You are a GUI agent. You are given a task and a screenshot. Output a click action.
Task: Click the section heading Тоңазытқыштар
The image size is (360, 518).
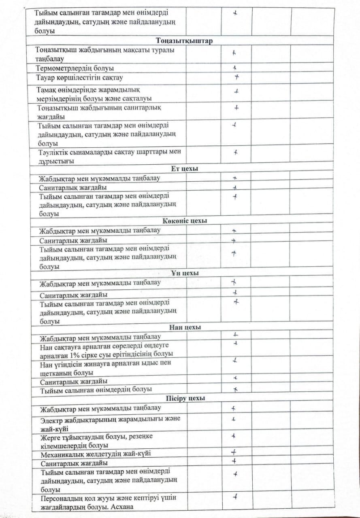184,41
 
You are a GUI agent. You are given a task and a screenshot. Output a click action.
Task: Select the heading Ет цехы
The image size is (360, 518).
184,169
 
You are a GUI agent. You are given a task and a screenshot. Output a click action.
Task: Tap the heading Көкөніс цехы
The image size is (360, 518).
185,221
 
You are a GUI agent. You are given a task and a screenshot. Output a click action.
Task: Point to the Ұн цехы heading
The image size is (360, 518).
185,274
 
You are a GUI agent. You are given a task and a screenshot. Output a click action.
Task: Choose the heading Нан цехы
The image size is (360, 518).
185,327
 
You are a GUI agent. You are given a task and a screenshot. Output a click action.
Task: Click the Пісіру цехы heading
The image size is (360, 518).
185,398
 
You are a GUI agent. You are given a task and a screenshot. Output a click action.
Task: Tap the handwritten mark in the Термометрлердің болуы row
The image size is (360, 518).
234,68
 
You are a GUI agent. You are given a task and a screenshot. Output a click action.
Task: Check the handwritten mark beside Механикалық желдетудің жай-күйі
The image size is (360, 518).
234,452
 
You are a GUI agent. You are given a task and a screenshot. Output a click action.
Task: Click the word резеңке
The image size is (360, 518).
142,437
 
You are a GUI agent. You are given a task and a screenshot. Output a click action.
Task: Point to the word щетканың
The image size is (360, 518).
56,373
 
